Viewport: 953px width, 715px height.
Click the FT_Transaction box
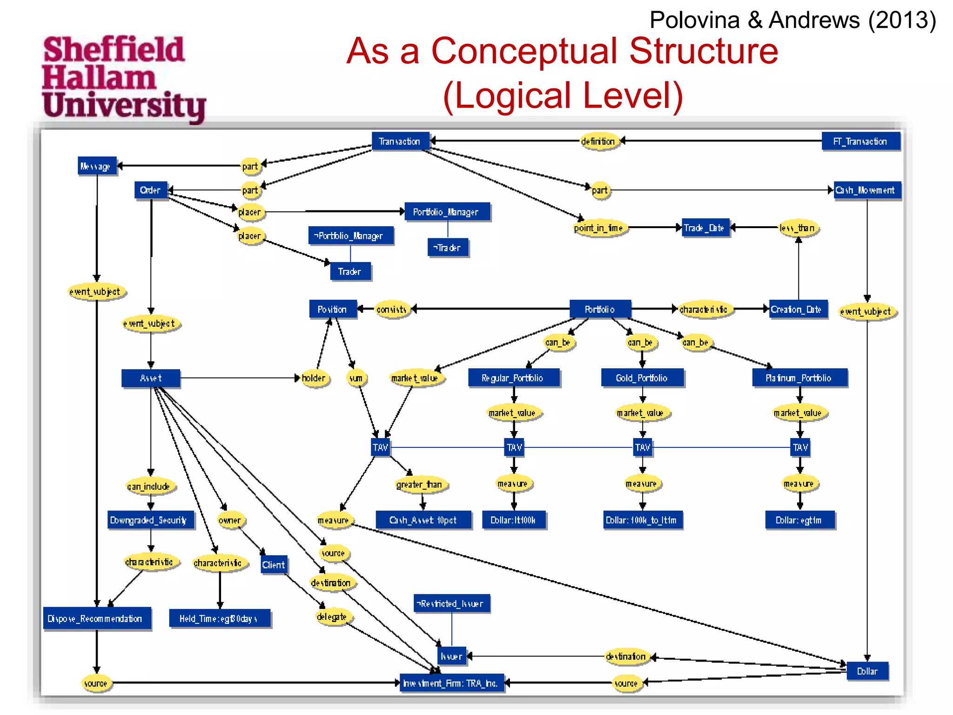860,141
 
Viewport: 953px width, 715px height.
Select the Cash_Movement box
866,190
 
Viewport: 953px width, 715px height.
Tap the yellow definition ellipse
598,141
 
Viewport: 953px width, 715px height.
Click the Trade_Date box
705,228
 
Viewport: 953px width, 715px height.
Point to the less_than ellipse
798,228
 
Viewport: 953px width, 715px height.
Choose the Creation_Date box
797,309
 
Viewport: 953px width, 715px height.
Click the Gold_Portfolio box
642,378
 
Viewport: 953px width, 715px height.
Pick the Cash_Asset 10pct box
423,520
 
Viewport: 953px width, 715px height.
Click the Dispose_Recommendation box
96,619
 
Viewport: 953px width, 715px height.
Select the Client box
274,565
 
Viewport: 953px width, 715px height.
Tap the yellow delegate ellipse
332,617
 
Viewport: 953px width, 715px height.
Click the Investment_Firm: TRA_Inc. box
451,683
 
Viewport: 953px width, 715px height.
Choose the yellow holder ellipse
314,378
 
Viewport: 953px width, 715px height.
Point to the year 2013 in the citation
901,20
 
